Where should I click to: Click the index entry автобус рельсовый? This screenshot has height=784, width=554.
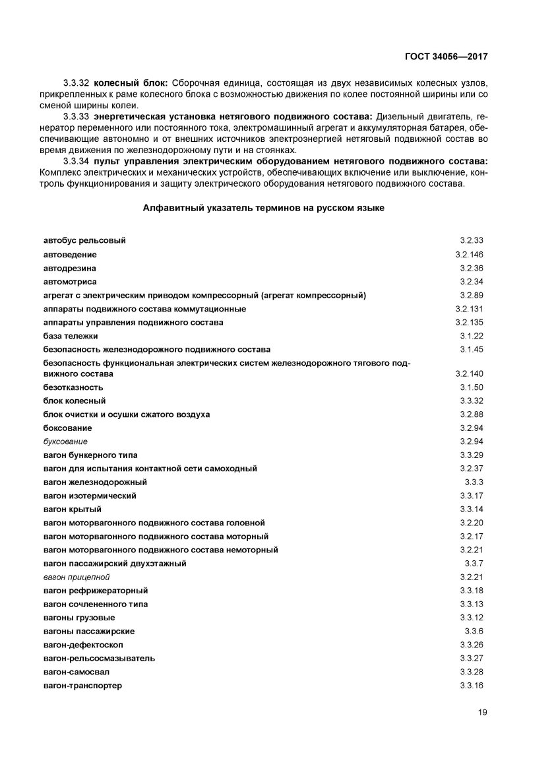pyautogui.click(x=84, y=241)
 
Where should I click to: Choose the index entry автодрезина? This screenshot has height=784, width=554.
pyautogui.click(x=70, y=268)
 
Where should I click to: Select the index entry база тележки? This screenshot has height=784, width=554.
pyautogui.click(x=71, y=336)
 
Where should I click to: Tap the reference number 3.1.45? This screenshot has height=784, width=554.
pyautogui.click(x=472, y=349)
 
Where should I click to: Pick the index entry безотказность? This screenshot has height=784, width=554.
pyautogui.click(x=73, y=387)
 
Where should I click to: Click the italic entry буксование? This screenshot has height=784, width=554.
pyautogui.click(x=65, y=441)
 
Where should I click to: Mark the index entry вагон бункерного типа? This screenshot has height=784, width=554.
pyautogui.click(x=90, y=455)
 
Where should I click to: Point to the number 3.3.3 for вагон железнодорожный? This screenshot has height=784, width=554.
pyautogui.click(x=474, y=482)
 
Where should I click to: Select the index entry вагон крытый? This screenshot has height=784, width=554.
pyautogui.click(x=73, y=509)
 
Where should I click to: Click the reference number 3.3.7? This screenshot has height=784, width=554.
pyautogui.click(x=474, y=564)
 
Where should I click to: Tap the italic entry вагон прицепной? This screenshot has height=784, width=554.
pyautogui.click(x=77, y=577)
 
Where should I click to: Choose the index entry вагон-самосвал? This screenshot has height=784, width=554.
pyautogui.click(x=77, y=672)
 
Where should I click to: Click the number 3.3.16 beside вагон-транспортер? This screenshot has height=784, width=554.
pyautogui.click(x=472, y=686)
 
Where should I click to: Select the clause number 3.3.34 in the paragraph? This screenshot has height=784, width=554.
pyautogui.click(x=76, y=162)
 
